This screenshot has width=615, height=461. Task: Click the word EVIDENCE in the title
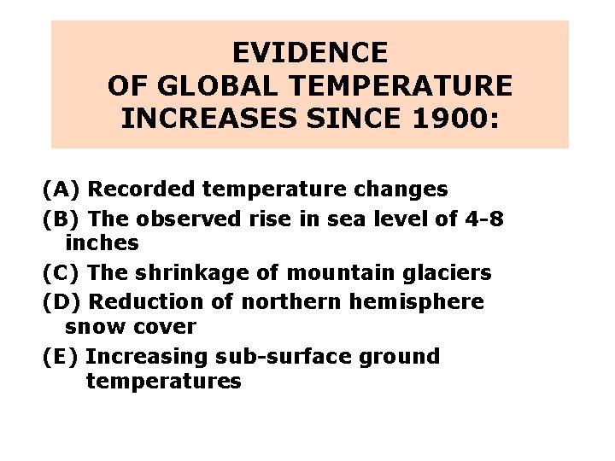(309, 53)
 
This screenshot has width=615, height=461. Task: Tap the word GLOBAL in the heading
(217, 85)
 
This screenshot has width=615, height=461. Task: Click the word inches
(102, 243)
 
